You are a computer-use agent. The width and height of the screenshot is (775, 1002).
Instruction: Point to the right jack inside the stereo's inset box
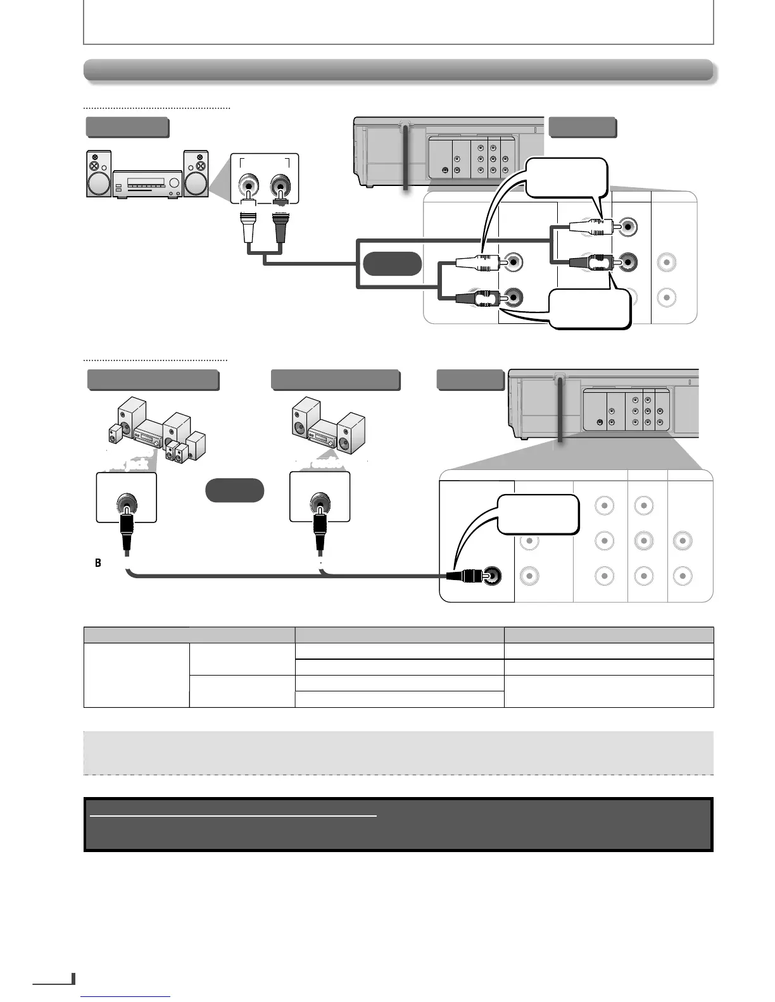pyautogui.click(x=279, y=187)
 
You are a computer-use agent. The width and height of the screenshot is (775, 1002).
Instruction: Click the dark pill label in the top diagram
pyautogui.click(x=392, y=263)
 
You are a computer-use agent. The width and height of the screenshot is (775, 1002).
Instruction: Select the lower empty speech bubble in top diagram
pyautogui.click(x=590, y=309)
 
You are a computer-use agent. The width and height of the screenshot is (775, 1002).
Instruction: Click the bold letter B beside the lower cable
pyautogui.click(x=98, y=562)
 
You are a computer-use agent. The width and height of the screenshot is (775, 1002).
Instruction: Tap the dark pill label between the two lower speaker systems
pyautogui.click(x=234, y=490)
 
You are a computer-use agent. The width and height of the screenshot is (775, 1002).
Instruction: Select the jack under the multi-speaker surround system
pyautogui.click(x=126, y=505)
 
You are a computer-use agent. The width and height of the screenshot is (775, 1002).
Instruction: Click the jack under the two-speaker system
pyautogui.click(x=319, y=505)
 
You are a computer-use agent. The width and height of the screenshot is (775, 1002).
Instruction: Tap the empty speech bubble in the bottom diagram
pyautogui.click(x=539, y=514)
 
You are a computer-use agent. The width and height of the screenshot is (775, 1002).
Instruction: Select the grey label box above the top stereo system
pyautogui.click(x=127, y=127)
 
